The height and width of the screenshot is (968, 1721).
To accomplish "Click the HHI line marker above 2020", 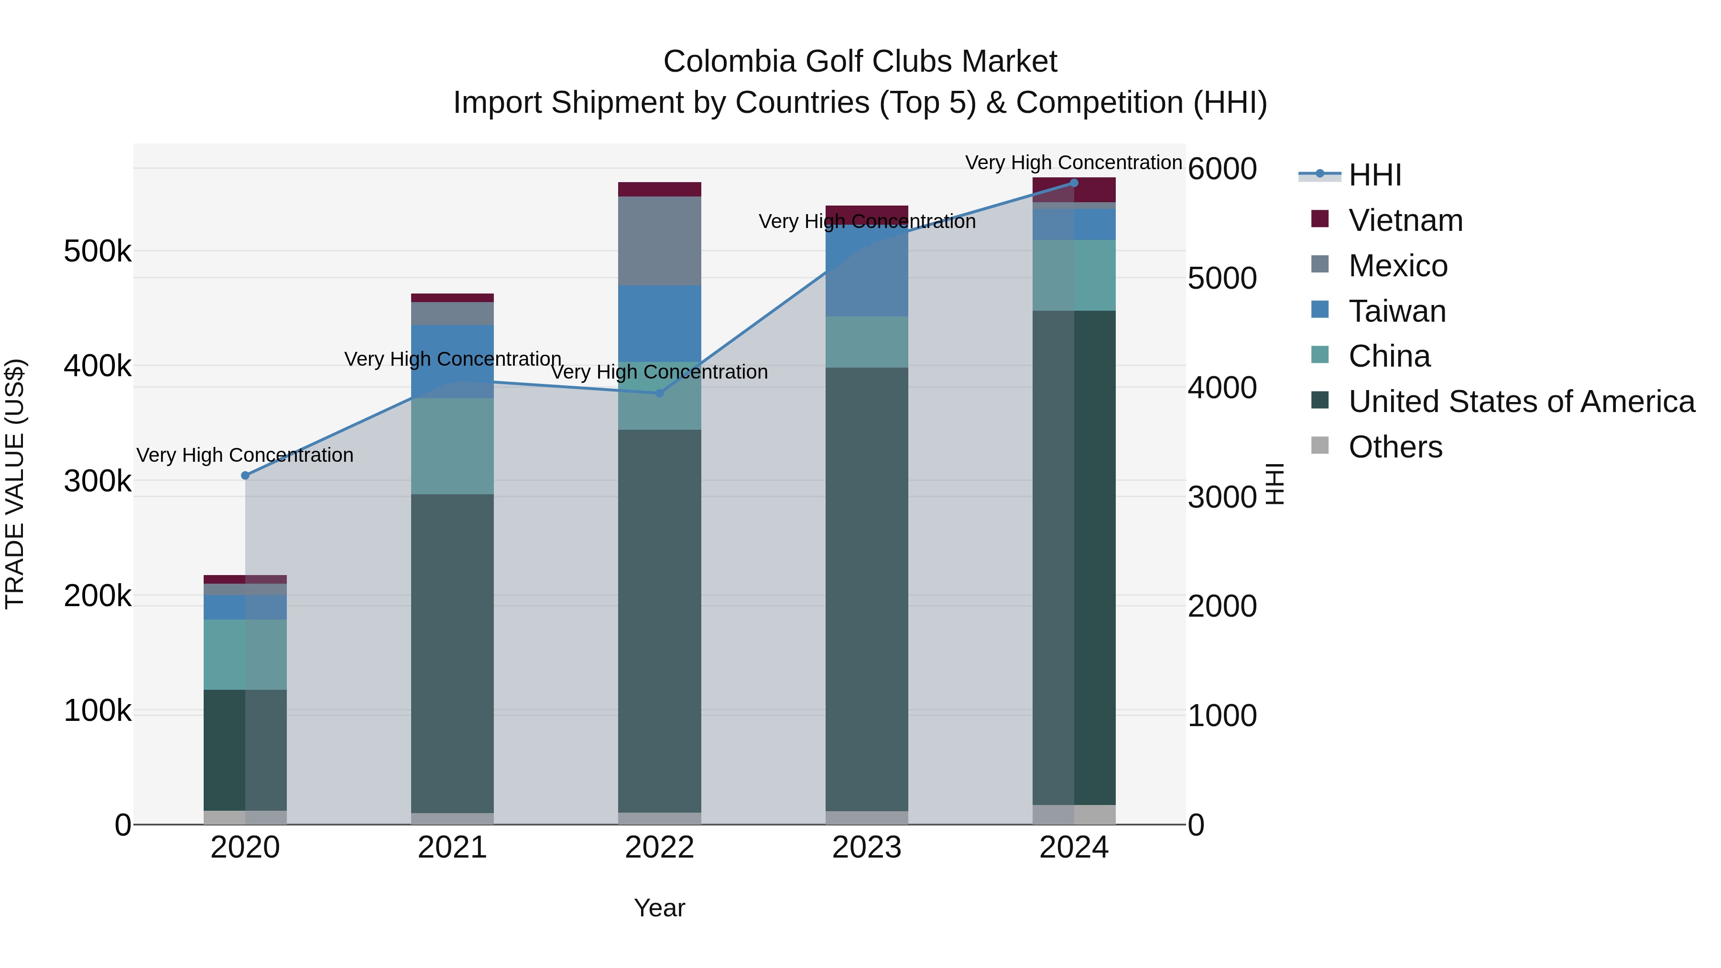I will click(245, 476).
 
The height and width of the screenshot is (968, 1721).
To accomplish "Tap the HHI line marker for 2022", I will click(659, 393).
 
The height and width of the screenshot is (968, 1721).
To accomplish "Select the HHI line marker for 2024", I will click(1074, 183).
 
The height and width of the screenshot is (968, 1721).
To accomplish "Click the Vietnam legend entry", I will click(1405, 220).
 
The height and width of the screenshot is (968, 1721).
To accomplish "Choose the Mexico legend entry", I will click(1398, 266).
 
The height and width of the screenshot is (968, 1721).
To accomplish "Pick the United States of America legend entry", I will click(1521, 402).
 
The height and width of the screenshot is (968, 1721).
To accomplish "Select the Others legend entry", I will click(1395, 447).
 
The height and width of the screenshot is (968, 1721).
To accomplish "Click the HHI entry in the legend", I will click(1374, 175).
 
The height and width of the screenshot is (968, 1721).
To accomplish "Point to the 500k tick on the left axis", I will click(98, 252).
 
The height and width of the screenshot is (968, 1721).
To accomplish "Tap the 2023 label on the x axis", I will click(867, 848).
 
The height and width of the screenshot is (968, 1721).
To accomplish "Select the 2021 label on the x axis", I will click(452, 848).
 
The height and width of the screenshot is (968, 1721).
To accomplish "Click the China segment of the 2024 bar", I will click(1074, 275).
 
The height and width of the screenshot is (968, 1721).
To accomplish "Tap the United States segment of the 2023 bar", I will click(867, 588).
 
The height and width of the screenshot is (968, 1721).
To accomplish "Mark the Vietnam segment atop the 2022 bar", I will click(659, 189).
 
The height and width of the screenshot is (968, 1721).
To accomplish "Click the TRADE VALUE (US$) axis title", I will click(15, 484).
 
